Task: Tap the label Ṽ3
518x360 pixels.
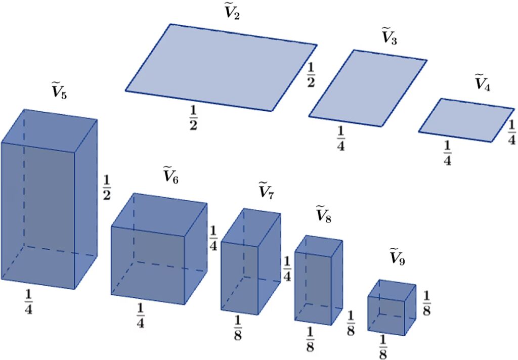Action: (x=389, y=37)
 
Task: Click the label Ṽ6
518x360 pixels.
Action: (x=171, y=175)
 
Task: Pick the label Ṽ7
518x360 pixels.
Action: (x=266, y=190)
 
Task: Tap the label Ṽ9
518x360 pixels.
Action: (x=397, y=256)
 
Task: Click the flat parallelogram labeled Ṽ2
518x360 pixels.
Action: (x=221, y=67)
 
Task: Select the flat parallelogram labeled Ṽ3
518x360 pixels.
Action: (x=368, y=88)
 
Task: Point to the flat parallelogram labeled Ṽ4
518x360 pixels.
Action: (x=466, y=120)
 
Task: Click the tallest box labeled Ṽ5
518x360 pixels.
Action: (x=49, y=199)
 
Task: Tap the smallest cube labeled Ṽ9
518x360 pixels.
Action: (x=392, y=307)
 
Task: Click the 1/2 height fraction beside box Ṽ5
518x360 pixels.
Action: (x=106, y=188)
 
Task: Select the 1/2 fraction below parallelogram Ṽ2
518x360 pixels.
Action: (x=193, y=118)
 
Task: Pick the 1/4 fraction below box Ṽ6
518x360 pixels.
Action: (x=141, y=316)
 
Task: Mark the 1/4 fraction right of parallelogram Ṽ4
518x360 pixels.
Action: (x=511, y=132)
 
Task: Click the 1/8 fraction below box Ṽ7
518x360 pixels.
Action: (x=238, y=328)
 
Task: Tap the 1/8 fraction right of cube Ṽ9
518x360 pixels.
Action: (x=426, y=303)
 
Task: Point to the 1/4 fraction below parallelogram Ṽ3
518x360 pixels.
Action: (x=340, y=139)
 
